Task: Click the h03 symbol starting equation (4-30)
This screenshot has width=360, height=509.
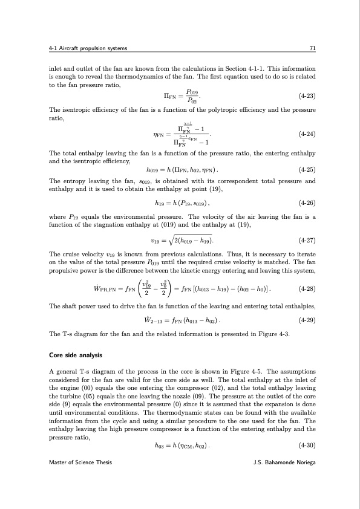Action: click(x=160, y=446)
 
